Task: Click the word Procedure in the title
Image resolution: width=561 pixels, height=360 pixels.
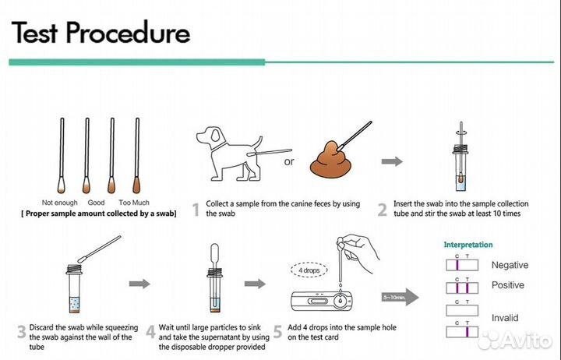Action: (128, 32)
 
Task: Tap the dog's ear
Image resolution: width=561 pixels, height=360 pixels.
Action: (217, 135)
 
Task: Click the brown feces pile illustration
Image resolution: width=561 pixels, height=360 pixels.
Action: (330, 160)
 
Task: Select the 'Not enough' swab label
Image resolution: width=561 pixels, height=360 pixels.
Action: (59, 203)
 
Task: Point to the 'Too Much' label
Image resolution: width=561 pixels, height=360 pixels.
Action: (134, 203)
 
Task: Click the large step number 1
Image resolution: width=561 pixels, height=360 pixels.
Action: (196, 210)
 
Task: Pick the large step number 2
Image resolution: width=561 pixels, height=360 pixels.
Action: (382, 210)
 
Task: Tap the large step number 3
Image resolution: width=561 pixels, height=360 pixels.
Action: (22, 332)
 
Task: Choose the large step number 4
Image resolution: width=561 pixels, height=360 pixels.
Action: (150, 332)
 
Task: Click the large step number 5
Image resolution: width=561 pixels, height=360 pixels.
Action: (277, 332)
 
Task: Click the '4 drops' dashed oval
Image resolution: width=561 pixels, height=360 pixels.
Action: (309, 270)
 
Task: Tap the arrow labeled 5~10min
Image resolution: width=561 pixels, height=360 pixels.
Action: (400, 297)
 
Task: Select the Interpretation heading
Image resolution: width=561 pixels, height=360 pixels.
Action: (468, 245)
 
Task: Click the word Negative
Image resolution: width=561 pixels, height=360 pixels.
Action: (510, 265)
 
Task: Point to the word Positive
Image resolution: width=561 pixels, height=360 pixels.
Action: (508, 285)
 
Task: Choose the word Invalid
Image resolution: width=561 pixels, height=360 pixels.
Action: (504, 318)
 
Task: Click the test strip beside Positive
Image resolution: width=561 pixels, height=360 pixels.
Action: (462, 288)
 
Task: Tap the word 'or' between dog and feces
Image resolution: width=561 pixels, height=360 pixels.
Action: (289, 162)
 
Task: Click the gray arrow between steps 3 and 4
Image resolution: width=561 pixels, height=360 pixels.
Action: (139, 284)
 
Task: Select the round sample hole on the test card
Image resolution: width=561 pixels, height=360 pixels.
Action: (340, 301)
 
